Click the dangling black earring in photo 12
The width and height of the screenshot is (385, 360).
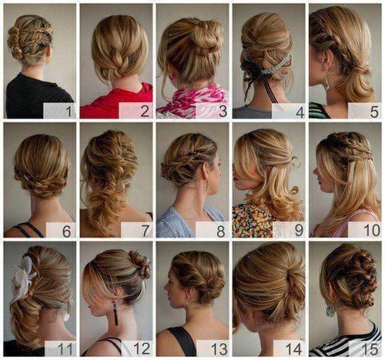pos(114,314)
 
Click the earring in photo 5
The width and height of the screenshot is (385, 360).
pos(326,80)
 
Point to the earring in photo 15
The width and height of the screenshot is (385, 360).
pos(330,310)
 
